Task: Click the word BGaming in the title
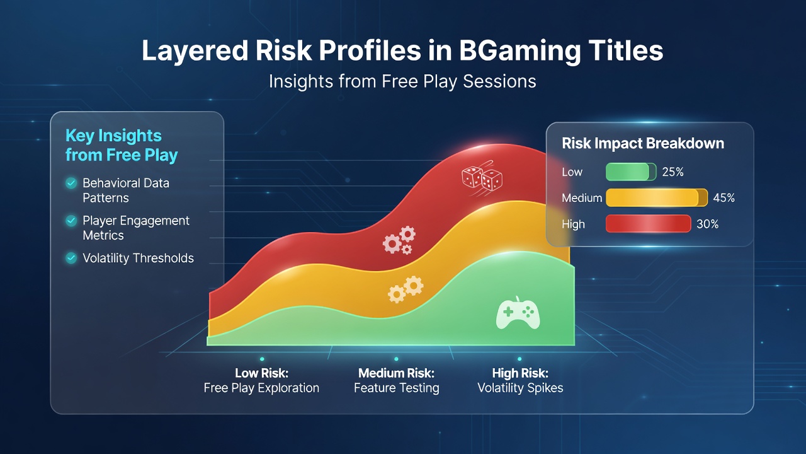pyautogui.click(x=519, y=51)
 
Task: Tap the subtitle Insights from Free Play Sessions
pyautogui.click(x=402, y=81)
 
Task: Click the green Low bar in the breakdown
pyautogui.click(x=631, y=172)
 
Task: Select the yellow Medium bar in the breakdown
pyautogui.click(x=657, y=198)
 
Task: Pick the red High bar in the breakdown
pyautogui.click(x=648, y=224)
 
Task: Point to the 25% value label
pyautogui.click(x=673, y=172)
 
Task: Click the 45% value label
pyautogui.click(x=724, y=198)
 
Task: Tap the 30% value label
pyautogui.click(x=707, y=224)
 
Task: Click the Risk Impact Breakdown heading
pyautogui.click(x=643, y=143)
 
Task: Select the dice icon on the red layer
pyautogui.click(x=482, y=178)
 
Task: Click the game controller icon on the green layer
pyautogui.click(x=518, y=313)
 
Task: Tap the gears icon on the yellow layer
pyautogui.click(x=406, y=289)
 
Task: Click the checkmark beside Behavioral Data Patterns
pyautogui.click(x=71, y=183)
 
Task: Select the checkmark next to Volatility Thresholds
pyautogui.click(x=71, y=258)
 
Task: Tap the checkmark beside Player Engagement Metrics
pyautogui.click(x=71, y=221)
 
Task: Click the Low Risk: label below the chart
pyautogui.click(x=261, y=373)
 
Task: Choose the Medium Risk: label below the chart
pyautogui.click(x=396, y=373)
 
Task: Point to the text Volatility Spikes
pyautogui.click(x=520, y=388)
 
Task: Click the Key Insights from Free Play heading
pyautogui.click(x=122, y=146)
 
